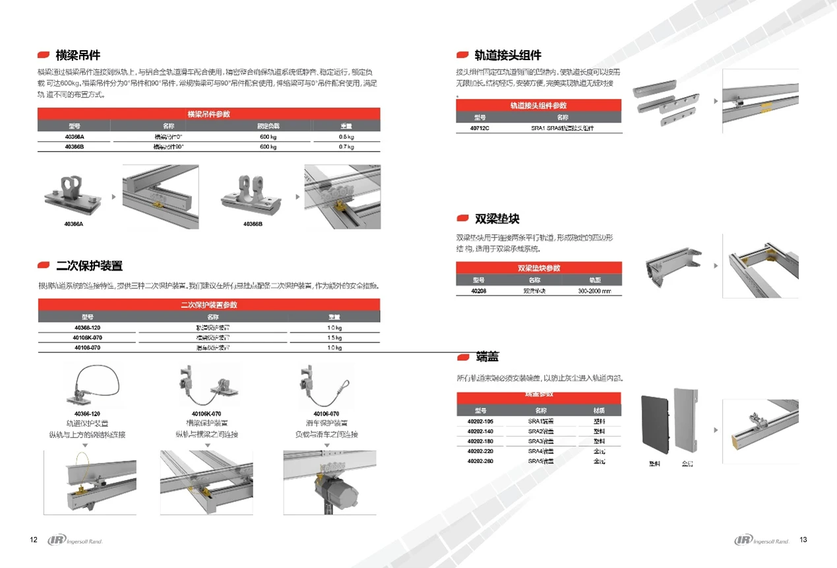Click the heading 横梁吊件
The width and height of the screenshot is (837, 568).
point(78,55)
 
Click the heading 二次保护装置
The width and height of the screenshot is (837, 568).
point(89,266)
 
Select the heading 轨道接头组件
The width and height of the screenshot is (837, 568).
point(507,55)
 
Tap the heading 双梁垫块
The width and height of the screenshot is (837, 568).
point(497,218)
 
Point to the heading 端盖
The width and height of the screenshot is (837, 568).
point(487,357)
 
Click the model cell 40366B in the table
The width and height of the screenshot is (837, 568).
point(74,147)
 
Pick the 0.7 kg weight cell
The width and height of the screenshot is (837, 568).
point(346,147)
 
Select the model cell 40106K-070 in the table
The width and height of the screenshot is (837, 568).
point(87,338)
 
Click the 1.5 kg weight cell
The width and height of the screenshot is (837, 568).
point(334,338)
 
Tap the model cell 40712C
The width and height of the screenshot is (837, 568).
point(480,128)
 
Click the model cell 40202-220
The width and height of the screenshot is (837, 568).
point(480,451)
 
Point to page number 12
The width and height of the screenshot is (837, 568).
point(34,540)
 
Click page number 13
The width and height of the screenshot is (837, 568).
point(803,540)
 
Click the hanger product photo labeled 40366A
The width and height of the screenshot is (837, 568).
point(74,193)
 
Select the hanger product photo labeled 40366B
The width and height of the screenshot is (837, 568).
point(253,193)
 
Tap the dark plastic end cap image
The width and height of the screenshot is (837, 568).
point(654,424)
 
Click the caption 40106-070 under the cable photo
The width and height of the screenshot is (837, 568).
point(326,414)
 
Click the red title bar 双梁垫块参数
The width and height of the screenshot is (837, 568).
point(538,268)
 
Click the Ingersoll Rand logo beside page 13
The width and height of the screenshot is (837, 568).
point(762,541)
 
